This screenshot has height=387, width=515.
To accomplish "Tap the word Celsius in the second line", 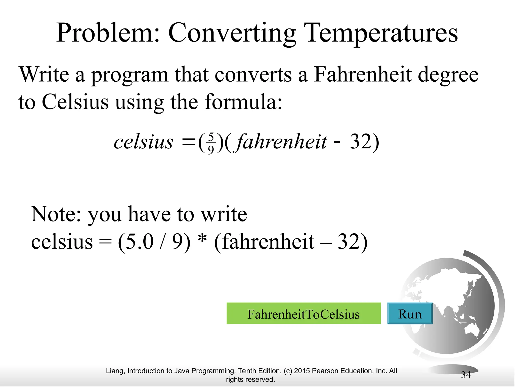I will (75, 102).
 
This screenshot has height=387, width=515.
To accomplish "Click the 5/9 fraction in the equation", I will (211, 143).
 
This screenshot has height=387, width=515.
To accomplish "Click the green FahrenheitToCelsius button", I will (304, 313).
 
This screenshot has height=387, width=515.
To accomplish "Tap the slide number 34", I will (466, 375).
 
